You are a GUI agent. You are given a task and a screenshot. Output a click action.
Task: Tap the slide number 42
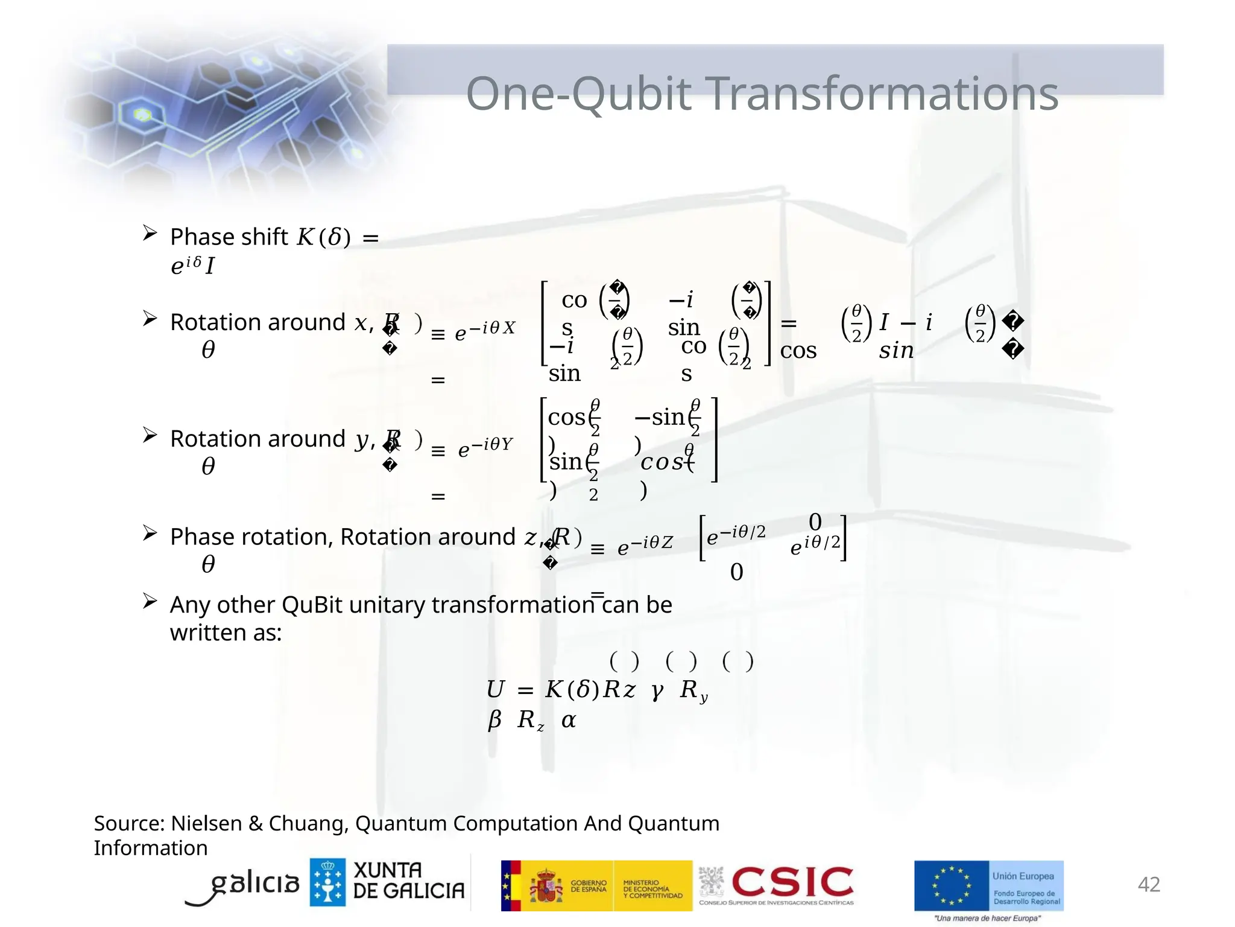(1148, 884)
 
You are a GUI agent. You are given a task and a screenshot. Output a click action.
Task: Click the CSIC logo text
(792, 882)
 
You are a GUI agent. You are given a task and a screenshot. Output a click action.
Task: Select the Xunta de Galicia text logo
(408, 881)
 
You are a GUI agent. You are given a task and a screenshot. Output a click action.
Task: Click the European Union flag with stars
(951, 885)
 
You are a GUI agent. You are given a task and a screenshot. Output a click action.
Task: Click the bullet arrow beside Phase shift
(150, 233)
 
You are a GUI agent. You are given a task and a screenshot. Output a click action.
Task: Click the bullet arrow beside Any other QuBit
(150, 601)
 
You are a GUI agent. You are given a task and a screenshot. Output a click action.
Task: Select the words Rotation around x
(269, 322)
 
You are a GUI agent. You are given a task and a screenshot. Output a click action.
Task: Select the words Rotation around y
(269, 439)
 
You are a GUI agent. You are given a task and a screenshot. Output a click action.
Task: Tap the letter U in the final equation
(495, 689)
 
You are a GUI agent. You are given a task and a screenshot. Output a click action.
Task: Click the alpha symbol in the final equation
(568, 720)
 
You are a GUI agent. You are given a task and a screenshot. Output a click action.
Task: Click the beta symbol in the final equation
(494, 719)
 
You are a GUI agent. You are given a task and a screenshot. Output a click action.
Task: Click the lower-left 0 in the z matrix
(736, 572)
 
